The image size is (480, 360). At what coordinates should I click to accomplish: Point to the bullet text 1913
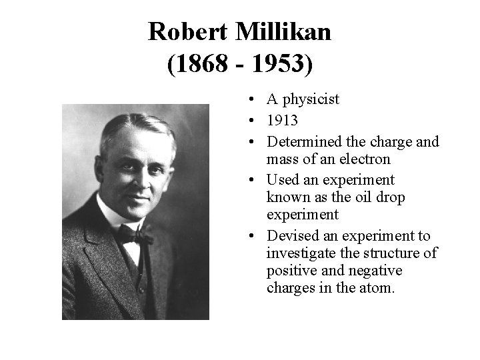point(282,121)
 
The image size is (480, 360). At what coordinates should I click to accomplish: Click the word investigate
point(298,254)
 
